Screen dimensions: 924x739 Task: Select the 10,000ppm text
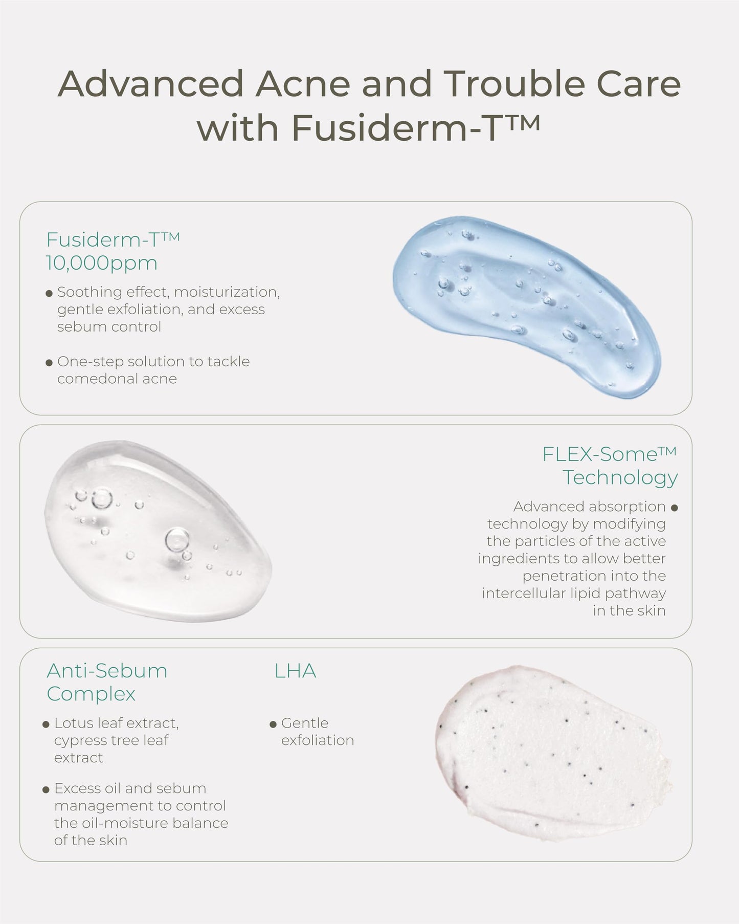(102, 263)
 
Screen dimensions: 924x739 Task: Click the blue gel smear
(527, 307)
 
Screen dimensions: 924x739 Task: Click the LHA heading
(295, 671)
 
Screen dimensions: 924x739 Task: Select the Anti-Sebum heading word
(107, 671)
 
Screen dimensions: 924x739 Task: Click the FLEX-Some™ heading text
(609, 454)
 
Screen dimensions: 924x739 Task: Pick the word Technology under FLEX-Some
(620, 477)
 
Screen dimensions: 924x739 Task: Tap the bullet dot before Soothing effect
(49, 294)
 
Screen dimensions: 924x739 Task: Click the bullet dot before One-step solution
(49, 363)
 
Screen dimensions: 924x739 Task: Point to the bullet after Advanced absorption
(674, 508)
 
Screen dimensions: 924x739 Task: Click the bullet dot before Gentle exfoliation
(273, 724)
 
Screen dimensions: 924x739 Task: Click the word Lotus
(73, 723)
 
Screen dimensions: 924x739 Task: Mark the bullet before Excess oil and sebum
(46, 790)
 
